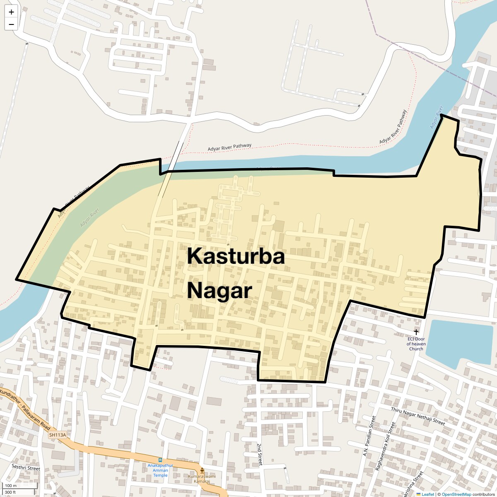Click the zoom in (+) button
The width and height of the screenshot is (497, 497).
pos(11,12)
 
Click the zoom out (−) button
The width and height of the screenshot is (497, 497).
pos(11,24)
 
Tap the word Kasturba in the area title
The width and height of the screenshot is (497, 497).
pos(236,256)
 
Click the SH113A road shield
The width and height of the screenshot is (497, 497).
pos(58,435)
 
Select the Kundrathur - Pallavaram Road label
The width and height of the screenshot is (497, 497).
pos(25,409)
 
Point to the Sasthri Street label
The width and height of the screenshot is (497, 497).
pos(26,468)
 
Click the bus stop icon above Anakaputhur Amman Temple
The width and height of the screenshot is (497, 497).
pos(160,460)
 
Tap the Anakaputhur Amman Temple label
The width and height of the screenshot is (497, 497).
pos(160,470)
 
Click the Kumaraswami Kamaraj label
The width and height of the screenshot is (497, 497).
pos(202,479)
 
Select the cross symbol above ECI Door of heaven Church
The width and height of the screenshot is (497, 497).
pos(416,332)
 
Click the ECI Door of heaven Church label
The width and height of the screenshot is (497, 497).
pos(416,344)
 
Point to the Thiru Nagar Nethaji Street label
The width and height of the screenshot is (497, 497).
pos(418,416)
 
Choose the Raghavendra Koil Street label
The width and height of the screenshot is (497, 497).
pos(386,446)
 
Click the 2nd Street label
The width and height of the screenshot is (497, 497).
pos(260,454)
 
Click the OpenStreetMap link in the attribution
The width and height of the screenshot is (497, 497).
pos(456,494)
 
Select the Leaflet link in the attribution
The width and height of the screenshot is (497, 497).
pos(427,494)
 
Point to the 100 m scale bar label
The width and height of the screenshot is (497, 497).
pos(11,485)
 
